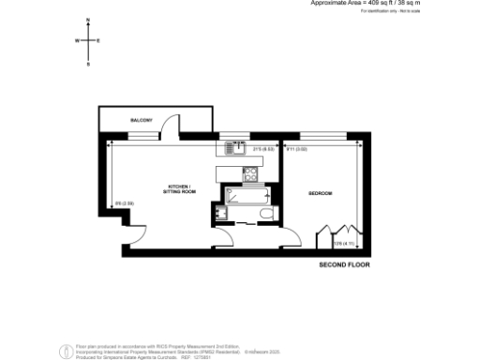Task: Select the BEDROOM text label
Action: click(321, 193)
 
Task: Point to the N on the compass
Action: click(87, 20)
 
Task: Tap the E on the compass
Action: click(99, 41)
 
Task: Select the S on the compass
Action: click(87, 64)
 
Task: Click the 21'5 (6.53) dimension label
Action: click(262, 148)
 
